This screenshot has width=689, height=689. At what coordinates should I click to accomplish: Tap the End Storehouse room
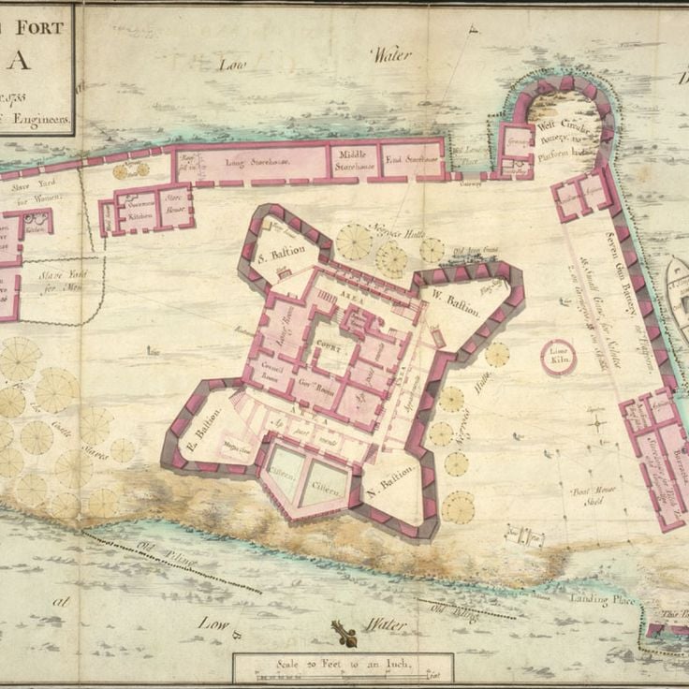coord(413,160)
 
